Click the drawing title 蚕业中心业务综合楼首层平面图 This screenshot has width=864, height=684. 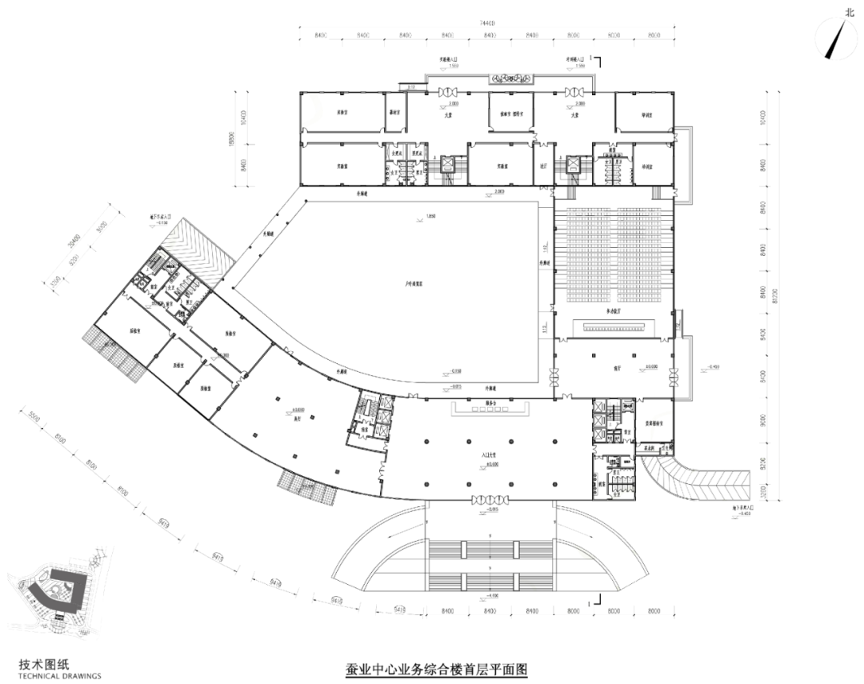437,669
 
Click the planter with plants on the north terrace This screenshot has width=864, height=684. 512,78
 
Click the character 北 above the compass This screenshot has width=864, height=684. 850,11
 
